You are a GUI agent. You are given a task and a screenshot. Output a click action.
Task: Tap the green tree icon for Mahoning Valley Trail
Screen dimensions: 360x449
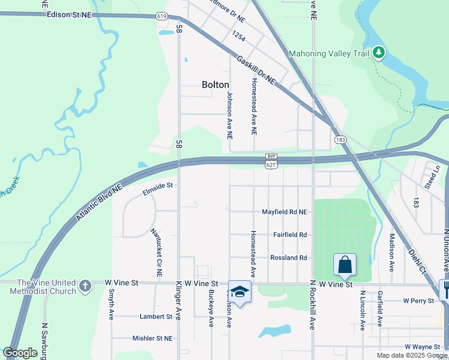point(378,53)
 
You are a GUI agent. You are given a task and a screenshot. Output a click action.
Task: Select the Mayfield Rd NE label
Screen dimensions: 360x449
point(284,212)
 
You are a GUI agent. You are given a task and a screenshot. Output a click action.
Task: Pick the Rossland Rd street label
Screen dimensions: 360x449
point(289,257)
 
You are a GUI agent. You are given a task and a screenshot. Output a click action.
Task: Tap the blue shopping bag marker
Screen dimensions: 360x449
point(345,264)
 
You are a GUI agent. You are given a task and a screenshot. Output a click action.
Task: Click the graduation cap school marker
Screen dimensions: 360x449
point(240,292)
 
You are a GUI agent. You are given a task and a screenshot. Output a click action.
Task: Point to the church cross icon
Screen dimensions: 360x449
point(85,286)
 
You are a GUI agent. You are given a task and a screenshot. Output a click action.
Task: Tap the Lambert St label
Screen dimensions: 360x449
point(156,316)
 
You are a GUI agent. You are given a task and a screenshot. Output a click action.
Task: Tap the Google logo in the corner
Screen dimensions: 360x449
point(20,353)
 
